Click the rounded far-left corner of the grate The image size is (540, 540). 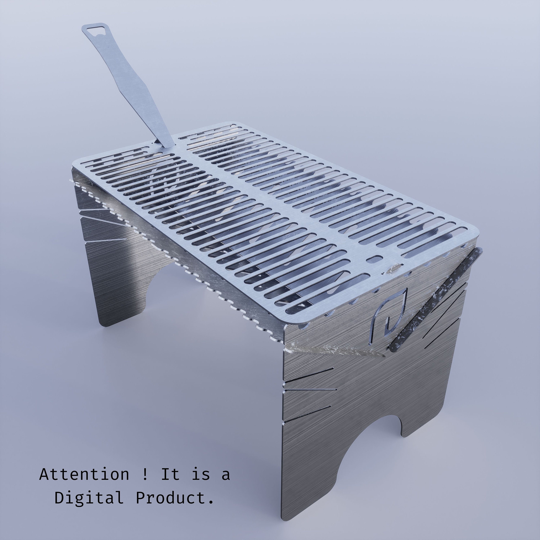click(78, 162)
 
